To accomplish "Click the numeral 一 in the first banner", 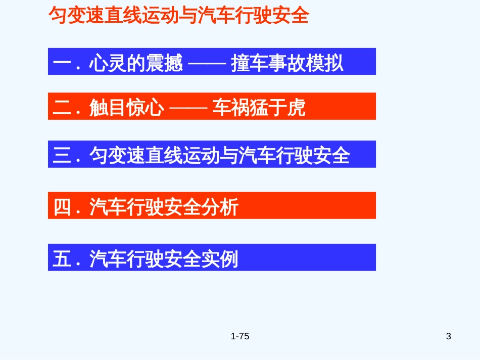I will pos(61,64).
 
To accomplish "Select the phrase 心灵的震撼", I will pos(135,64).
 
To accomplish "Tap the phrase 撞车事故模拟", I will pos(287,64).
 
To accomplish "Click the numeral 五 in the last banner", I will pos(61,260).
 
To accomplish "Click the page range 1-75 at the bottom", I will pos(240,336).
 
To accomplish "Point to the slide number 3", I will pos(449,336).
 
